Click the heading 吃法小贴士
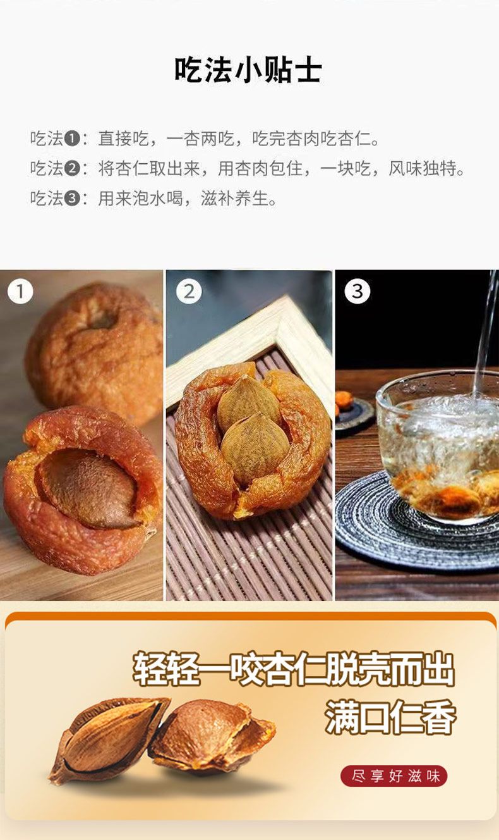(x=248, y=70)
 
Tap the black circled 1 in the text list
(x=72, y=139)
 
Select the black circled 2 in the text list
(x=72, y=168)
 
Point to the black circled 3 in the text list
(x=72, y=199)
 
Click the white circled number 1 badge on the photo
(x=20, y=292)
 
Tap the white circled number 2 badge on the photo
(x=189, y=292)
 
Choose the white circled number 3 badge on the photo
(x=357, y=292)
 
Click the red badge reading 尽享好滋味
(x=394, y=776)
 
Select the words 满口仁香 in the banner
(x=390, y=717)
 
